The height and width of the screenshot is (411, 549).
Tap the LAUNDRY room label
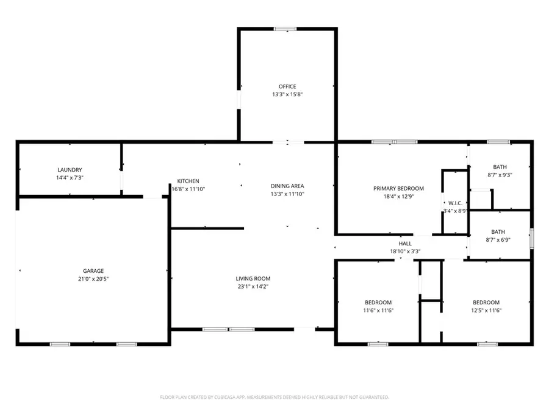(x=70, y=170)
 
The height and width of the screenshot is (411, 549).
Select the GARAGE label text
(x=93, y=271)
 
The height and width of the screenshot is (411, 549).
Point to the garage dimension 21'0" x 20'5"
(x=93, y=279)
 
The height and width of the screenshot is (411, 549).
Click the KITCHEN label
(x=188, y=181)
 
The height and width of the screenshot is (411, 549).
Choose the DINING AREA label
(x=287, y=186)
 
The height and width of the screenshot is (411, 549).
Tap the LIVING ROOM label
(x=253, y=279)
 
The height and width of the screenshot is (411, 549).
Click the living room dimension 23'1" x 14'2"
(x=253, y=287)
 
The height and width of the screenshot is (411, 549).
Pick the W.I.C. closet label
(x=454, y=203)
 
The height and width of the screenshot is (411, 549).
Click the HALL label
(x=405, y=244)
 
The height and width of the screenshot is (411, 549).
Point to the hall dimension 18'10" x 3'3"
(x=405, y=251)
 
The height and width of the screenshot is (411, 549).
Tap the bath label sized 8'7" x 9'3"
(x=500, y=167)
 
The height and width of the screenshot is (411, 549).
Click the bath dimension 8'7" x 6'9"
(x=500, y=240)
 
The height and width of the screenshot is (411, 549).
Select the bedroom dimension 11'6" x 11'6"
(x=378, y=311)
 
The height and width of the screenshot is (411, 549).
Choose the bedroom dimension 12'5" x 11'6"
(x=486, y=311)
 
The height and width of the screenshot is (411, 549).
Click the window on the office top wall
(x=285, y=29)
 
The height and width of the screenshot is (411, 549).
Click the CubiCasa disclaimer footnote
(x=274, y=397)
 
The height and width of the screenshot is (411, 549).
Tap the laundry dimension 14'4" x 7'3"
(x=70, y=178)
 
